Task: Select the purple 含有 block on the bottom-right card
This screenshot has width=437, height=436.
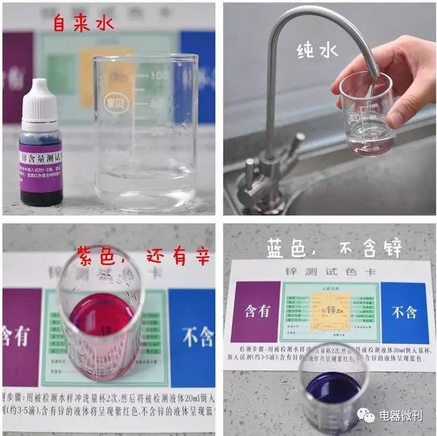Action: coord(252,312)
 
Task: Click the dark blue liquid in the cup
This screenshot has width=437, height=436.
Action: coord(333,390)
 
